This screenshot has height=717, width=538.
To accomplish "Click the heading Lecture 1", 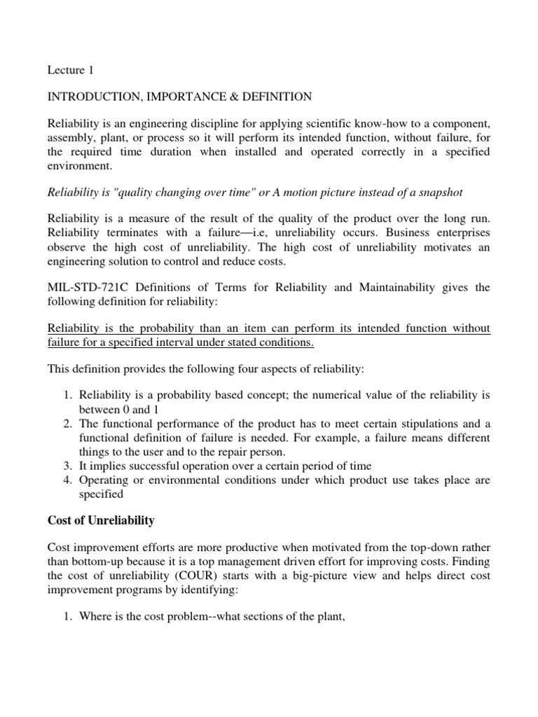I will point(69,70).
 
